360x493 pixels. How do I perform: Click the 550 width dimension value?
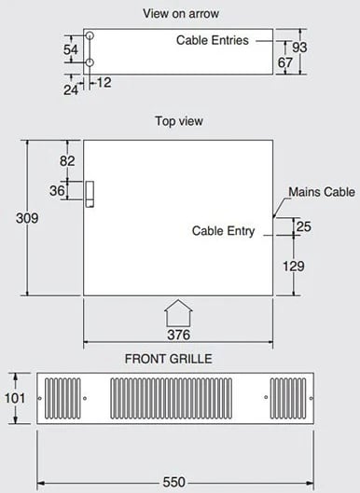coord(174,482)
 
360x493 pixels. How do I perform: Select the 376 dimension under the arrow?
coord(178,335)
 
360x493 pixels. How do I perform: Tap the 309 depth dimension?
coord(27,218)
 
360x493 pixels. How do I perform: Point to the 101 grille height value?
coord(15,398)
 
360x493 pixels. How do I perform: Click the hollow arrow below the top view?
coord(178,313)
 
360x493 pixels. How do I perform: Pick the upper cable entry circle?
coord(90,35)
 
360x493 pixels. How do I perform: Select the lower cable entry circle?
coord(90,62)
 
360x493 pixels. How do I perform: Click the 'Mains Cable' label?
coord(322,192)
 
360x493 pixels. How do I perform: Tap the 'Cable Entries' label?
coord(213,40)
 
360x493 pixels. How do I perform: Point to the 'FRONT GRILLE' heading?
coord(169,359)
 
